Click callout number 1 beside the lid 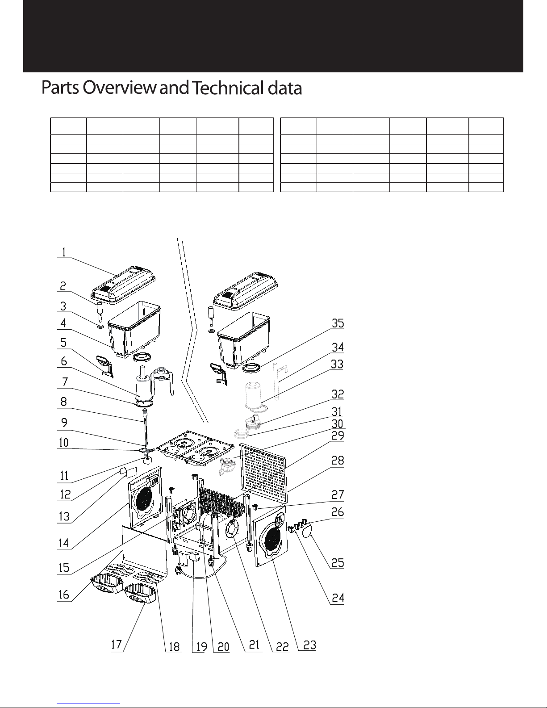click(63, 252)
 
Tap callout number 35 click(338, 323)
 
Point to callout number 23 click(309, 645)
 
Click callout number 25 click(338, 563)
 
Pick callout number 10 click(63, 443)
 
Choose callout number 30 click(338, 423)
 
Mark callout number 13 click(64, 516)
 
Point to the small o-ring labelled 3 click(100, 327)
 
